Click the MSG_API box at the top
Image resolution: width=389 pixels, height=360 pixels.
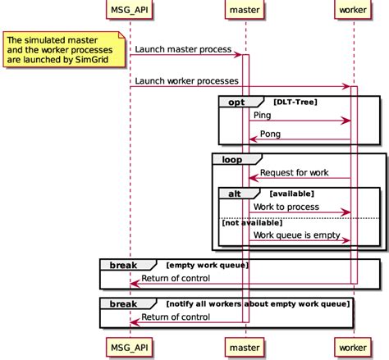click(x=130, y=11)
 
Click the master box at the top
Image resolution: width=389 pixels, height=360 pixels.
click(x=245, y=11)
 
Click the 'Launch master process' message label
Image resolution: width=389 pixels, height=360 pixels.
click(x=183, y=49)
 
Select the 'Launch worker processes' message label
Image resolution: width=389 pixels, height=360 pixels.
click(x=187, y=80)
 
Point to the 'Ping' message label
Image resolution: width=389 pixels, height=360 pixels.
click(x=263, y=116)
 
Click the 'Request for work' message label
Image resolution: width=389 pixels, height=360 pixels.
click(x=295, y=172)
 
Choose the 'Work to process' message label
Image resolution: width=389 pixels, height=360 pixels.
click(x=286, y=207)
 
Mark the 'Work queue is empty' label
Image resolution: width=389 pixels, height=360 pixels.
click(x=296, y=235)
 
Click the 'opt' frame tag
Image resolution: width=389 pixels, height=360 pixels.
click(x=236, y=102)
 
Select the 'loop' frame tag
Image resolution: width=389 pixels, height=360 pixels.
click(x=231, y=159)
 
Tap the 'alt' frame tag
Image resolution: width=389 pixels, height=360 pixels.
click(x=235, y=194)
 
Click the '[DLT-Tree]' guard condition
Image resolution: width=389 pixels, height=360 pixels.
click(x=295, y=102)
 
